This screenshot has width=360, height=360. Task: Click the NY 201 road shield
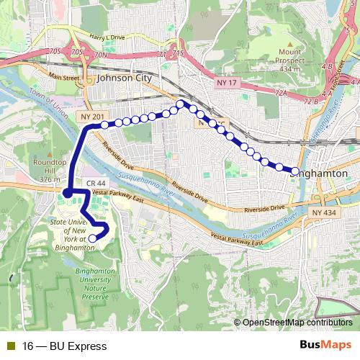click(92, 117)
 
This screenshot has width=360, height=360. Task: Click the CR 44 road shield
click(95, 184)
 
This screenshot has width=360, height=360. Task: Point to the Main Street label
click(64, 76)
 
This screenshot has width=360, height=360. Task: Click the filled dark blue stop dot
click(66, 193)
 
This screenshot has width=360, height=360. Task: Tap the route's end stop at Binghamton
click(294, 171)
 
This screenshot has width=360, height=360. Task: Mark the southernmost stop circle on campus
click(92, 238)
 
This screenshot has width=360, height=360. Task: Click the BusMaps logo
click(326, 346)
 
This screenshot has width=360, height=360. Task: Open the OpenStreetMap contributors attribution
click(296, 323)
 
